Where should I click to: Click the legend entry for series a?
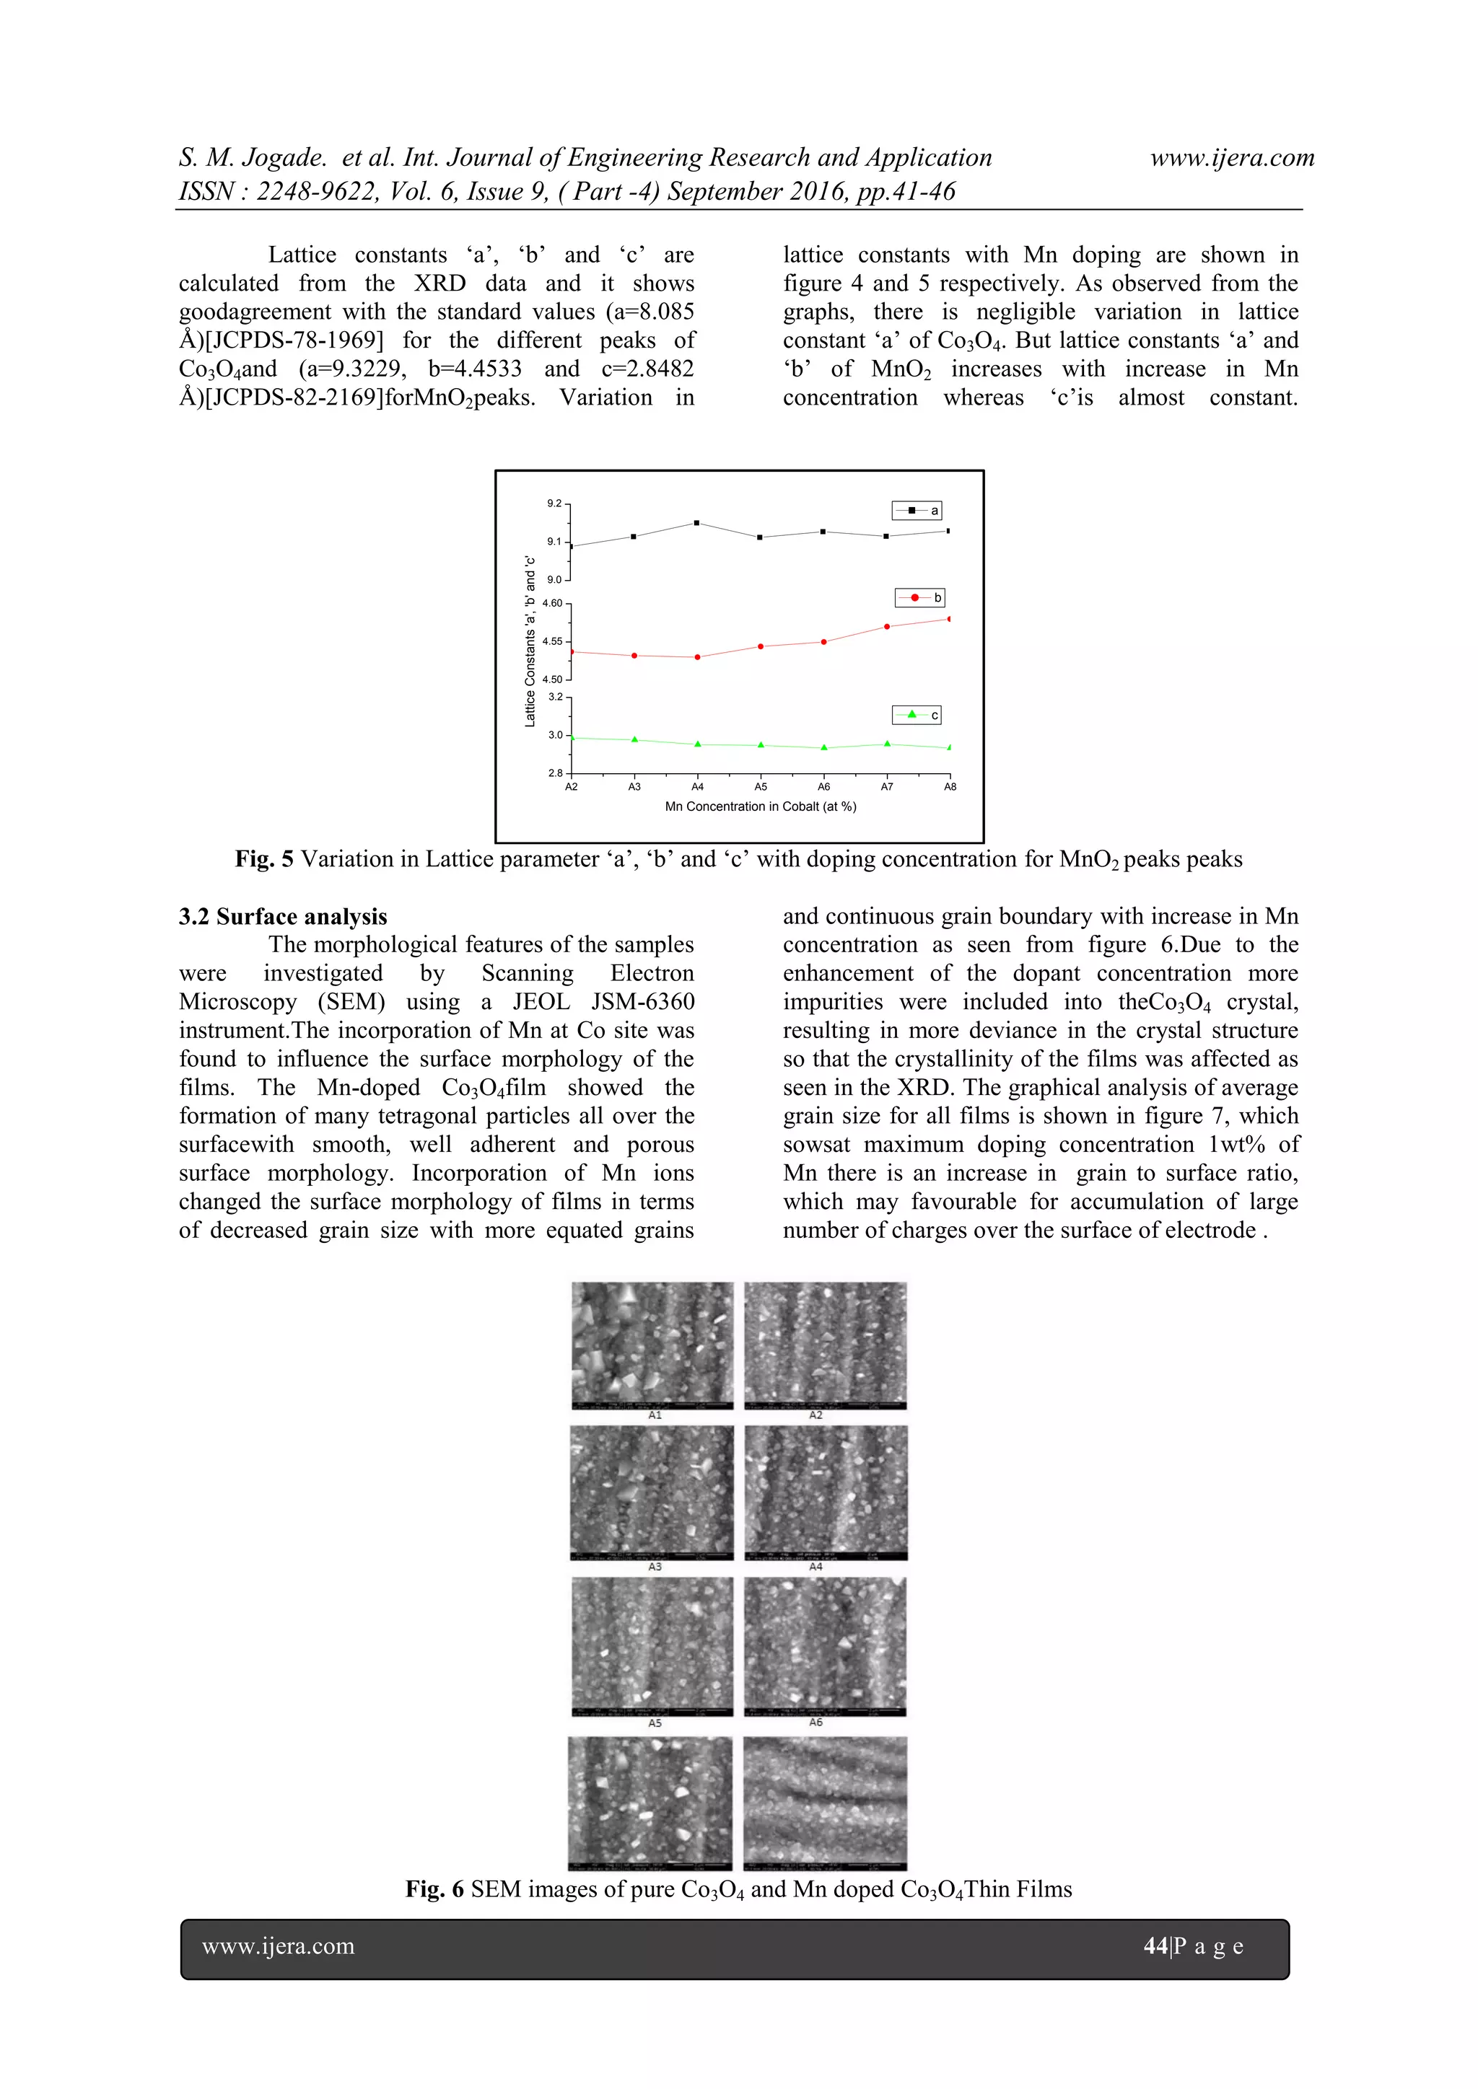(916, 511)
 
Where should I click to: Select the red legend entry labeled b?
(920, 598)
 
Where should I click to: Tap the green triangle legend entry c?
(917, 715)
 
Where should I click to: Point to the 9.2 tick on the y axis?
(554, 503)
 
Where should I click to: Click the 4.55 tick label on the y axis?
(551, 641)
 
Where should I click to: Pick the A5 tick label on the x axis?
(761, 787)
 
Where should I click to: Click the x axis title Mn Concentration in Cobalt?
(760, 807)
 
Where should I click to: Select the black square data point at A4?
(697, 523)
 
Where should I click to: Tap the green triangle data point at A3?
(634, 739)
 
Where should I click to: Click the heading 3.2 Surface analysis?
(282, 916)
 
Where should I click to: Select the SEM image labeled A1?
(652, 1345)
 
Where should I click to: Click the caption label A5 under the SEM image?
(655, 1723)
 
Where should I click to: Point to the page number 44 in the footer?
(1155, 1946)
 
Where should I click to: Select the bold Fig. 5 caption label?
(264, 859)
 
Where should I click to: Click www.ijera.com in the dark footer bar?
(279, 1946)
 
